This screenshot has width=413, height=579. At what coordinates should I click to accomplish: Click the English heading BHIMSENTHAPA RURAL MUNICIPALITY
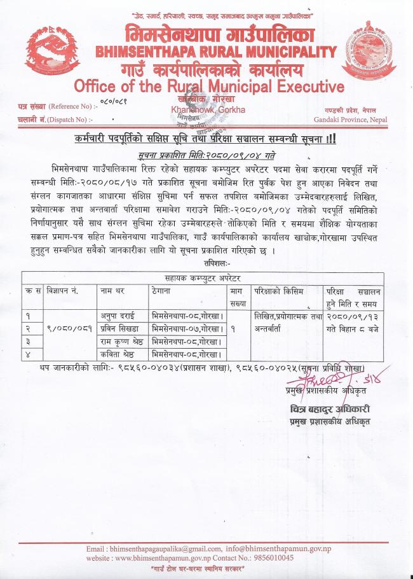click(x=216, y=52)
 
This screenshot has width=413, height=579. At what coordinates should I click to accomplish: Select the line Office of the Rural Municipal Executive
click(x=209, y=86)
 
